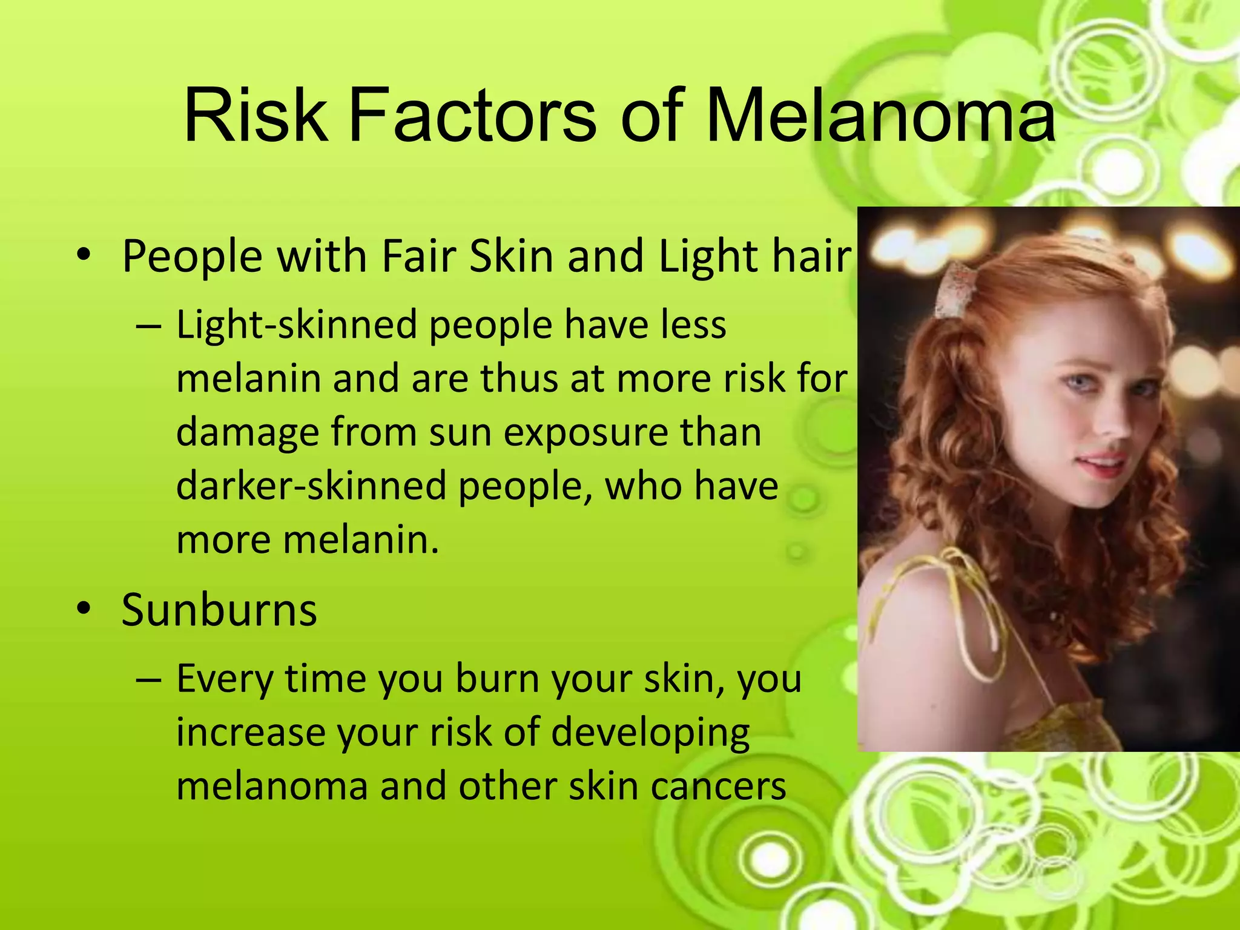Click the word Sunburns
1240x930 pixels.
click(x=219, y=610)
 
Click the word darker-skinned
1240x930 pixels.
click(x=311, y=486)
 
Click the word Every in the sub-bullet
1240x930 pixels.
click(x=225, y=679)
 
